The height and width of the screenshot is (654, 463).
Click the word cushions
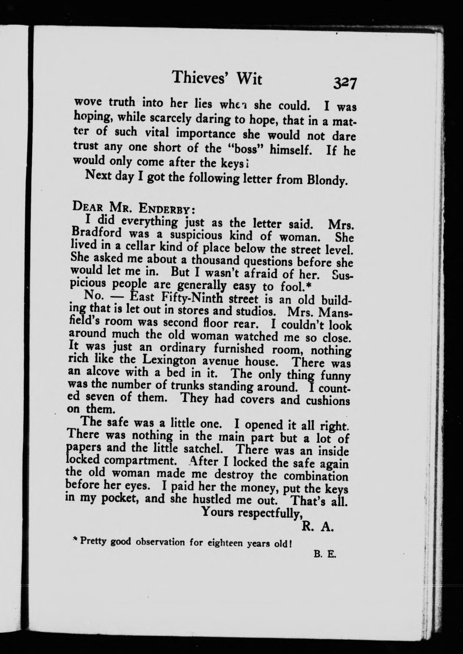click(328, 401)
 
